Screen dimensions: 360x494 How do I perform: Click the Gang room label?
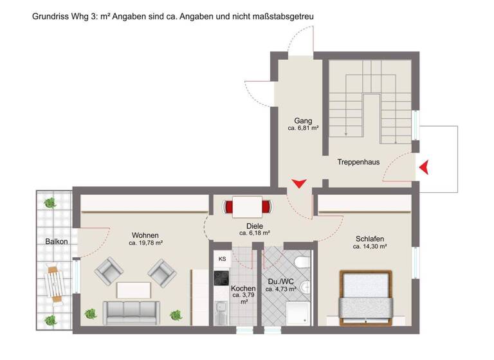coord(303,120)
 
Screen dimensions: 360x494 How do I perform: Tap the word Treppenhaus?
coord(358,162)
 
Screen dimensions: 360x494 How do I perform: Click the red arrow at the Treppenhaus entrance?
coord(424,168)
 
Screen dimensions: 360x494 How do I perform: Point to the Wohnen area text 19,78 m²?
coord(145,244)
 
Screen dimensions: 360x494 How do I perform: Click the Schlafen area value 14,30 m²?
coord(370,246)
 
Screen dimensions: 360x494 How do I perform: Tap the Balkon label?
coord(57,242)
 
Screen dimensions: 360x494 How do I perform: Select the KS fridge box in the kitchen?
coord(223,259)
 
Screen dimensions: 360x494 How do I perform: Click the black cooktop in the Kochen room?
coord(222,278)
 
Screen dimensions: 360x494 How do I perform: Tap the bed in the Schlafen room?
coord(365,296)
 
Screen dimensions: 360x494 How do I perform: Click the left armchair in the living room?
coord(108,273)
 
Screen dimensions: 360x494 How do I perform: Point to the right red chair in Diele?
coord(266,207)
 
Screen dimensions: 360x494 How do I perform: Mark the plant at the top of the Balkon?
coord(50,203)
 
